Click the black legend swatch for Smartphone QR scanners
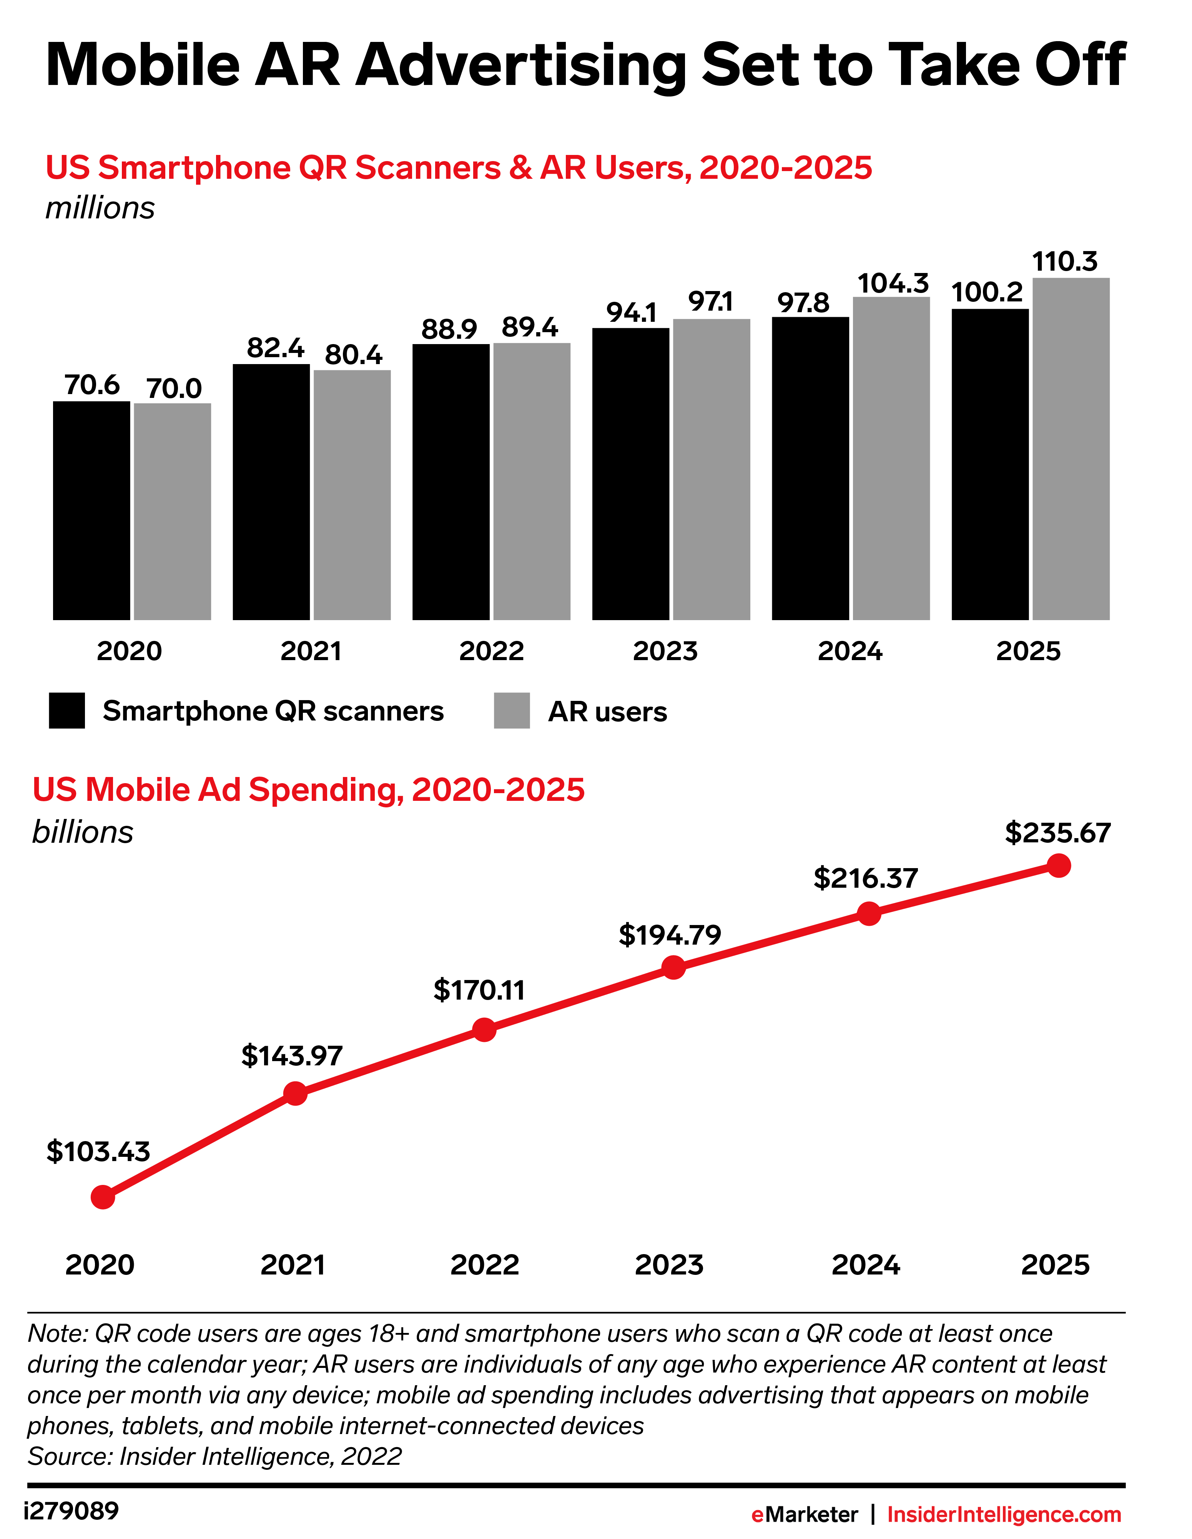(x=67, y=710)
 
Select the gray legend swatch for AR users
(x=512, y=710)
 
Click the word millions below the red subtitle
(x=100, y=209)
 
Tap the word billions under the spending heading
(x=82, y=832)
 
